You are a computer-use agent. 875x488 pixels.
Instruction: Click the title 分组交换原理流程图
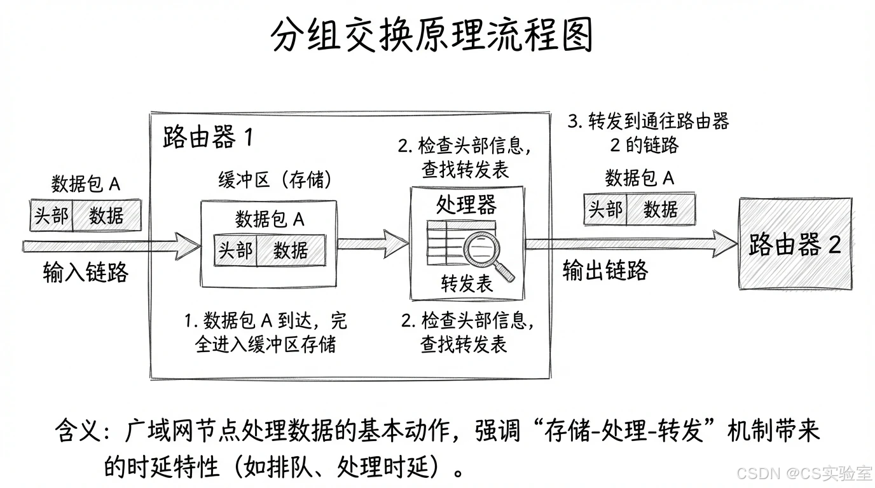432,35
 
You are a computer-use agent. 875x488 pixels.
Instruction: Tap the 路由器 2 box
795,244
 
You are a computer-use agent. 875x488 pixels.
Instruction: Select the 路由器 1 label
207,137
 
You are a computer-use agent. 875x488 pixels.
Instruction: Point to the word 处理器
466,205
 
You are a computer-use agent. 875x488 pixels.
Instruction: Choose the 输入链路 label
86,272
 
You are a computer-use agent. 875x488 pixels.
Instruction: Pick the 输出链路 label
605,270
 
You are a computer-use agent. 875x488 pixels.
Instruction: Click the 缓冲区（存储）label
275,180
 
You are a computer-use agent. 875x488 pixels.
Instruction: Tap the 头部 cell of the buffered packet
235,250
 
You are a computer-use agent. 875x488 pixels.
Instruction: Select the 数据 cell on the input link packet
106,215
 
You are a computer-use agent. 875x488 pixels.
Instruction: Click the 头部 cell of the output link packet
605,209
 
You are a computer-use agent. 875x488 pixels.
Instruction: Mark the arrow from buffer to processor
372,243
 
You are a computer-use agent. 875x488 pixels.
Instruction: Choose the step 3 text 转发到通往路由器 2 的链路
647,133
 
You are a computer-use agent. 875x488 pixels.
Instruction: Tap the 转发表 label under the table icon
467,284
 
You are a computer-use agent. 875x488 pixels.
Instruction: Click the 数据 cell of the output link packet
660,209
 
